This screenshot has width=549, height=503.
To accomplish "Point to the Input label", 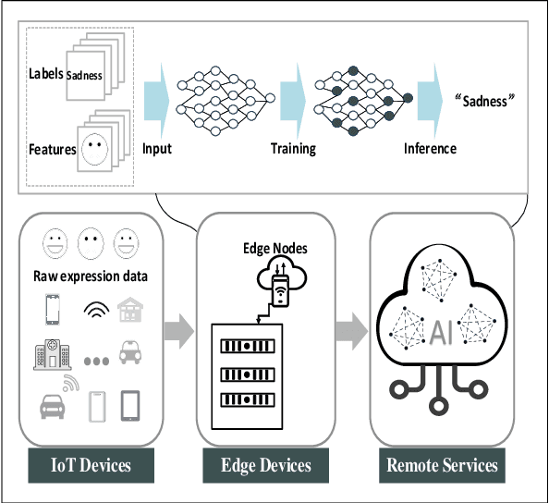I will pyautogui.click(x=157, y=148).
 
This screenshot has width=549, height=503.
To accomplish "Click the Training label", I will pyautogui.click(x=293, y=148).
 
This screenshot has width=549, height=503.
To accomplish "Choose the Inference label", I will pyautogui.click(x=430, y=148).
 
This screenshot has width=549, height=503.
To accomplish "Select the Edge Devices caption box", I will pyautogui.click(x=265, y=465).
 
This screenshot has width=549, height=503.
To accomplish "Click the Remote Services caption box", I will pyautogui.click(x=441, y=465).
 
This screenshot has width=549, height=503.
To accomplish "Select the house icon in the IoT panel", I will pyautogui.click(x=130, y=308).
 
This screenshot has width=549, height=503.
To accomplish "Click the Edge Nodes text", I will pyautogui.click(x=274, y=248).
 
